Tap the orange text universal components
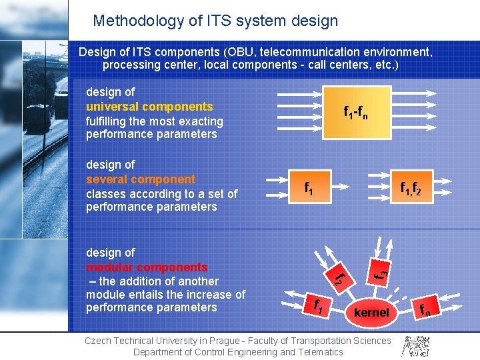pos(149,107)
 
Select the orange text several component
pos(141,179)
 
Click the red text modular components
pos(147,267)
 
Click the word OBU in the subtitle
pos(242,52)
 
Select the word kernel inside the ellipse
pos(372,312)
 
